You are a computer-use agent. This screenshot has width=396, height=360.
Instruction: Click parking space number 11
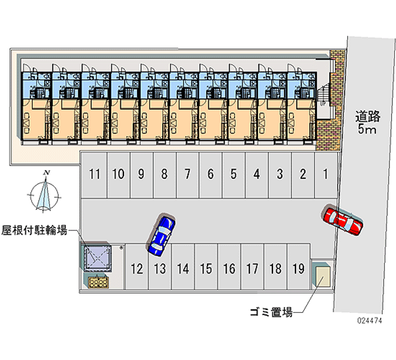coord(95,174)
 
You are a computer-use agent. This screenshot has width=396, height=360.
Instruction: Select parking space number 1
coord(325,174)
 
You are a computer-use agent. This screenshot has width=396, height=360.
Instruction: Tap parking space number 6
coord(210,174)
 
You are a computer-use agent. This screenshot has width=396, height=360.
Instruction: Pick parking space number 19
coord(298,269)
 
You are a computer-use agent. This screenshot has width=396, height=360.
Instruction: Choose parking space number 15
coord(206,269)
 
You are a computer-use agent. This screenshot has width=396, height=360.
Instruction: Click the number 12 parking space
coord(137,269)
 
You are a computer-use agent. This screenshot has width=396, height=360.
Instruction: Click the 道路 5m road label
coord(367,123)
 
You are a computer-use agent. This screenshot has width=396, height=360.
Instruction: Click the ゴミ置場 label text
coord(271,312)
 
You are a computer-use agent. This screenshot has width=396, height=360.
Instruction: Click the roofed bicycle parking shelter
coord(97,257)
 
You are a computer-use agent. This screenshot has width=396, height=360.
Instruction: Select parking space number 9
coord(141,174)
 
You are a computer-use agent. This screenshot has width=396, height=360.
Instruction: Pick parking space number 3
coord(280,174)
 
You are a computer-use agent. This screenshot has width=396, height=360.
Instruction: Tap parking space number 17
coord(252,269)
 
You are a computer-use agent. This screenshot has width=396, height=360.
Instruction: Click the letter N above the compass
coord(47,172)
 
